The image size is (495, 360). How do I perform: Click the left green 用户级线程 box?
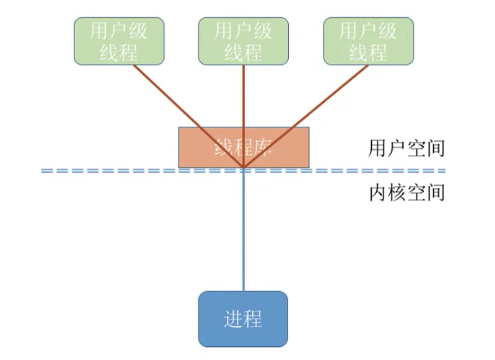click(x=118, y=41)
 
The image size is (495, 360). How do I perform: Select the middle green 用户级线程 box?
click(x=243, y=41)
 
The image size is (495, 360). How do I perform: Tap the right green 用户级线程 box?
click(x=368, y=41)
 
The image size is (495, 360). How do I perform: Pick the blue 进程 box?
click(x=243, y=319)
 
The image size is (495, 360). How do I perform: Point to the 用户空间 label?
click(x=406, y=148)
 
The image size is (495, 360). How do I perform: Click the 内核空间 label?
click(x=406, y=193)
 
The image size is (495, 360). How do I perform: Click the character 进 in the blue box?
click(x=232, y=319)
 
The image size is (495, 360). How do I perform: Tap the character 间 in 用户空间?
click(x=435, y=148)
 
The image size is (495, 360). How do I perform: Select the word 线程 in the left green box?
click(x=118, y=53)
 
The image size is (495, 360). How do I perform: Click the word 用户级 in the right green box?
click(x=368, y=31)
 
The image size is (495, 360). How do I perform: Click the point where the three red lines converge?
click(x=243, y=167)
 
